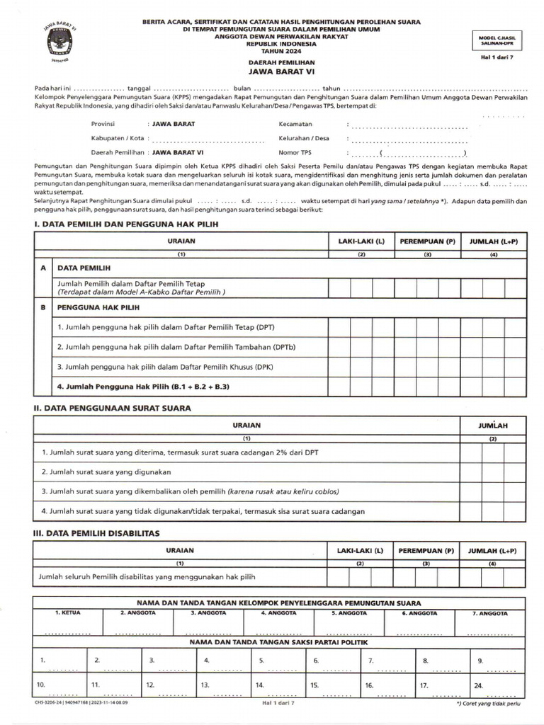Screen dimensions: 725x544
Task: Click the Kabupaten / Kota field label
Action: [x=118, y=138]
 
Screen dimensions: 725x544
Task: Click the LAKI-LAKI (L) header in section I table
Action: [x=361, y=241]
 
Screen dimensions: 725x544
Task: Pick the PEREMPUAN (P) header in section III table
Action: [x=426, y=551]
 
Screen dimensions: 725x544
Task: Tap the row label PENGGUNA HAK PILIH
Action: [x=98, y=308]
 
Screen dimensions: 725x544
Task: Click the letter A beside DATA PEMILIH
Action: [x=44, y=269]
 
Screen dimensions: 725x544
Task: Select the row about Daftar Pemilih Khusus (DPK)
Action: [x=165, y=367]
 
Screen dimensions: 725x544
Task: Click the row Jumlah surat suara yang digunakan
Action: [x=106, y=472]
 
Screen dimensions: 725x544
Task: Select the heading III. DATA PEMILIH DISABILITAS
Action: [x=97, y=533]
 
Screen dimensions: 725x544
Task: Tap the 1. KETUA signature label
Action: [x=68, y=613]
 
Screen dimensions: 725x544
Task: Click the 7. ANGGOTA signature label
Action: [x=490, y=613]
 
